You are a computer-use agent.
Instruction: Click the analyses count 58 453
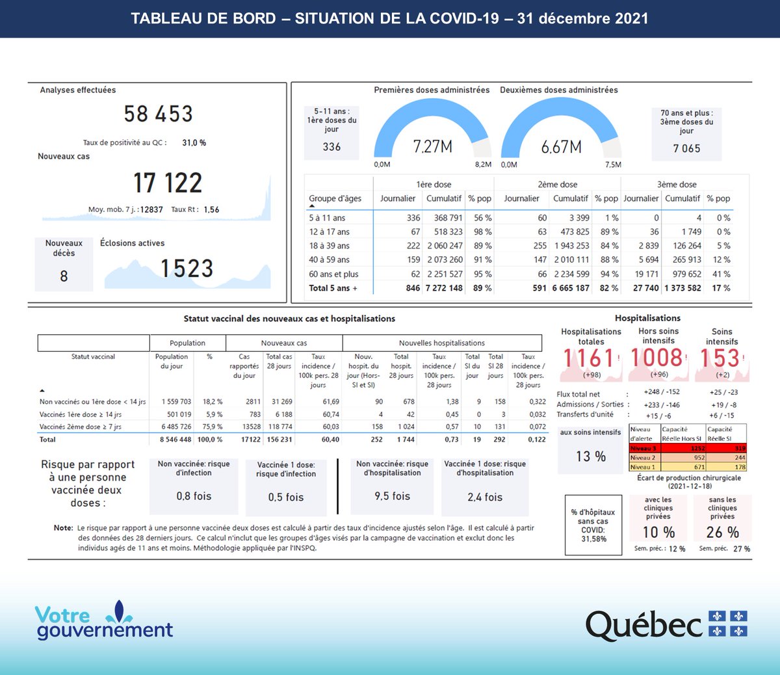point(159,114)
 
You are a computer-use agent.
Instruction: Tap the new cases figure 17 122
point(168,183)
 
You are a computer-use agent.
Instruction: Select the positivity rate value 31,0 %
point(194,142)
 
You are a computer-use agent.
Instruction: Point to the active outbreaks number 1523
point(187,269)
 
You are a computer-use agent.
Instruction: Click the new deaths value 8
point(64,276)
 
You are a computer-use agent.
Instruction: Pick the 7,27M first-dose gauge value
point(433,147)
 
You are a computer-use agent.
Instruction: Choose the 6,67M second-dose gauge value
point(562,147)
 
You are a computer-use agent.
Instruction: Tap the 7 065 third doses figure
point(686,148)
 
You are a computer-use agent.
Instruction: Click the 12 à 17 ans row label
point(330,232)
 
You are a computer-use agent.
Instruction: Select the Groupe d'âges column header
point(335,198)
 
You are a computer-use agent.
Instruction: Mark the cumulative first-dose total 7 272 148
point(444,288)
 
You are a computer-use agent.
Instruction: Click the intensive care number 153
point(720,358)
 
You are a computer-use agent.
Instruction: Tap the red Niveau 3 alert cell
point(644,448)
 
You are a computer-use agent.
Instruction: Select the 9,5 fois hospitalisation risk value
point(392,496)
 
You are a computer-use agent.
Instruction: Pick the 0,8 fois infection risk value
point(194,496)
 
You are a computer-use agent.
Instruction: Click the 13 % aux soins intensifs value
point(591,457)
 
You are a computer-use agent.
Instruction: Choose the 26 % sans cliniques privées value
point(722,533)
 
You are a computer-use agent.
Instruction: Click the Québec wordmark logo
point(644,626)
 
